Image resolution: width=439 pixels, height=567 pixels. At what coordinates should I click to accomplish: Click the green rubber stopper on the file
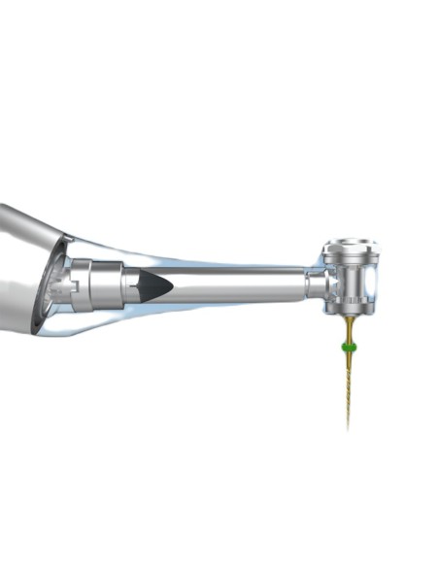347,347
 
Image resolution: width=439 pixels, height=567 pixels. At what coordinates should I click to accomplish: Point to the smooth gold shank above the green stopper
347,330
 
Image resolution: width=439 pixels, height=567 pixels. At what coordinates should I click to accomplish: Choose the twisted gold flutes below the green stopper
347,384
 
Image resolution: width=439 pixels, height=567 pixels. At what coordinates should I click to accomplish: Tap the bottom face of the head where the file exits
347,316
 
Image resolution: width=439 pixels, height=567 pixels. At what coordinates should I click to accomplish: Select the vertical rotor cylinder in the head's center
347,277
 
